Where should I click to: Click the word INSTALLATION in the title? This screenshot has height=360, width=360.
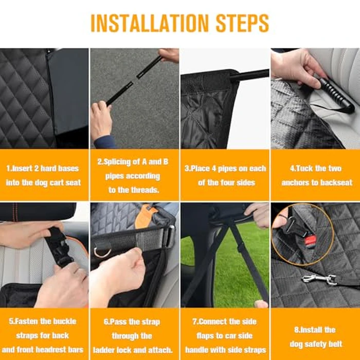coord(149,23)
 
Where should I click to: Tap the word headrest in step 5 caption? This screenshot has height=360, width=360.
coord(45,350)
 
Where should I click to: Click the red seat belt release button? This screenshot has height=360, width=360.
coord(310,240)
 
